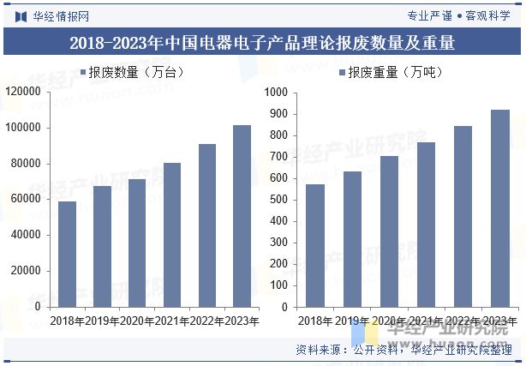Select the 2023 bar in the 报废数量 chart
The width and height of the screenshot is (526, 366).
click(242, 216)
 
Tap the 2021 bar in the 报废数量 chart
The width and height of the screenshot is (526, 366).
click(172, 235)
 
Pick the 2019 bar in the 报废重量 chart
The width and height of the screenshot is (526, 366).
click(352, 239)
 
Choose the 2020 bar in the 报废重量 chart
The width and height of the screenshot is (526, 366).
click(389, 231)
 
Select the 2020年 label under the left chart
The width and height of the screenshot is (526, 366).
click(137, 321)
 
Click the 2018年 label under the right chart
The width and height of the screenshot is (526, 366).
click(315, 321)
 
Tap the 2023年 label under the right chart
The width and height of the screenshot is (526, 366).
click(499, 321)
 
